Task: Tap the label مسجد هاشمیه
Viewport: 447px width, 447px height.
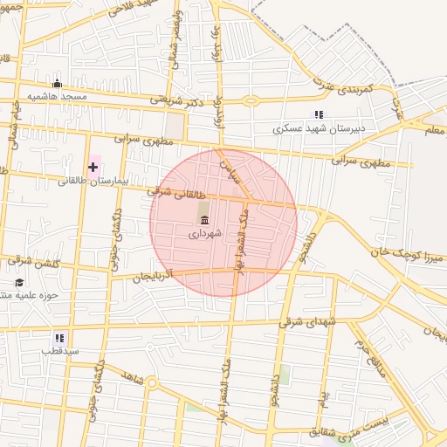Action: tap(57, 96)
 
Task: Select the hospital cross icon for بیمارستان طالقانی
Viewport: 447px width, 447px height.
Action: tap(93, 166)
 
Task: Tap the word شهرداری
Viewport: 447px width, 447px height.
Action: tap(205, 233)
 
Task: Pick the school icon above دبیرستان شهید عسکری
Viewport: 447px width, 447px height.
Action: tap(319, 114)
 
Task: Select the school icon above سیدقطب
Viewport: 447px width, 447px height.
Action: tap(59, 337)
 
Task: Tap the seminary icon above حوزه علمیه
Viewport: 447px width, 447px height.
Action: tap(19, 283)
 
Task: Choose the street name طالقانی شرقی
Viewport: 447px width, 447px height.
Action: tap(179, 191)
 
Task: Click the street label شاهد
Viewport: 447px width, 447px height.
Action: tap(134, 376)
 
